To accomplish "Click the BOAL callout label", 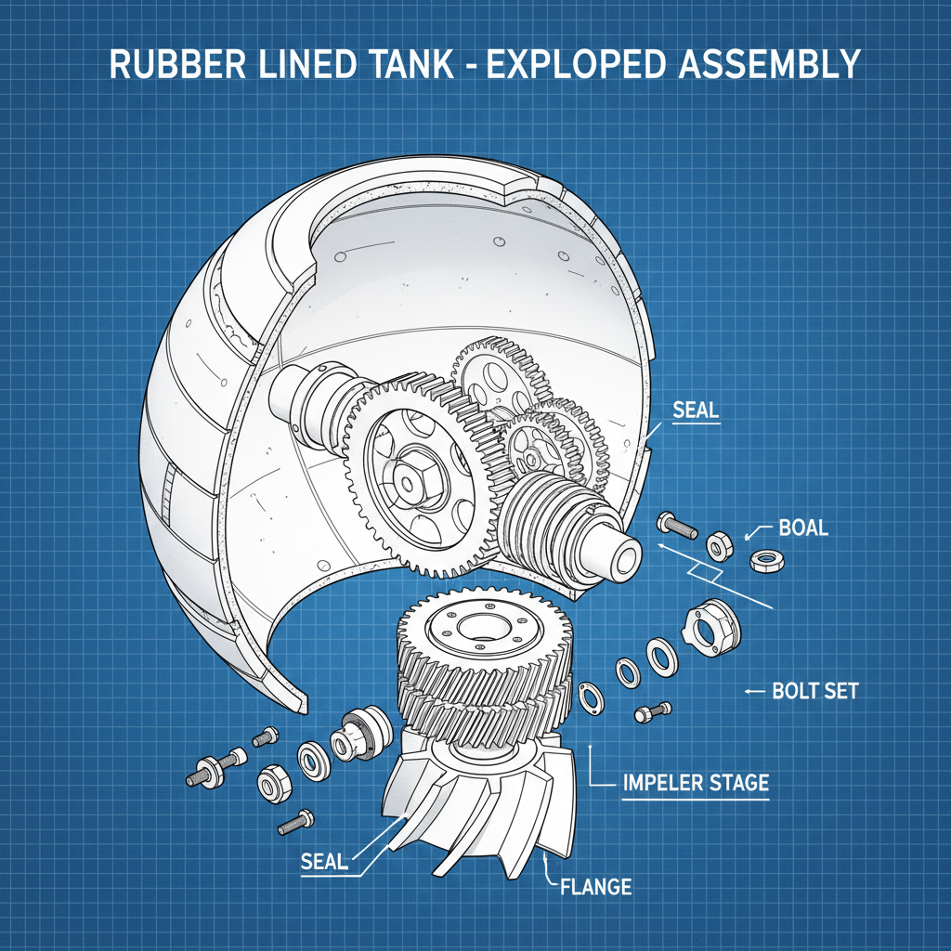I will (803, 528).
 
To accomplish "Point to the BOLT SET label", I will (815, 692).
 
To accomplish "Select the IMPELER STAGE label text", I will (694, 783).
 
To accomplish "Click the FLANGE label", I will (595, 886).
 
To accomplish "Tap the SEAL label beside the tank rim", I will (697, 409).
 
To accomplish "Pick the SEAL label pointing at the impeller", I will (324, 861).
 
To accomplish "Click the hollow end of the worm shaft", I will (624, 555).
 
